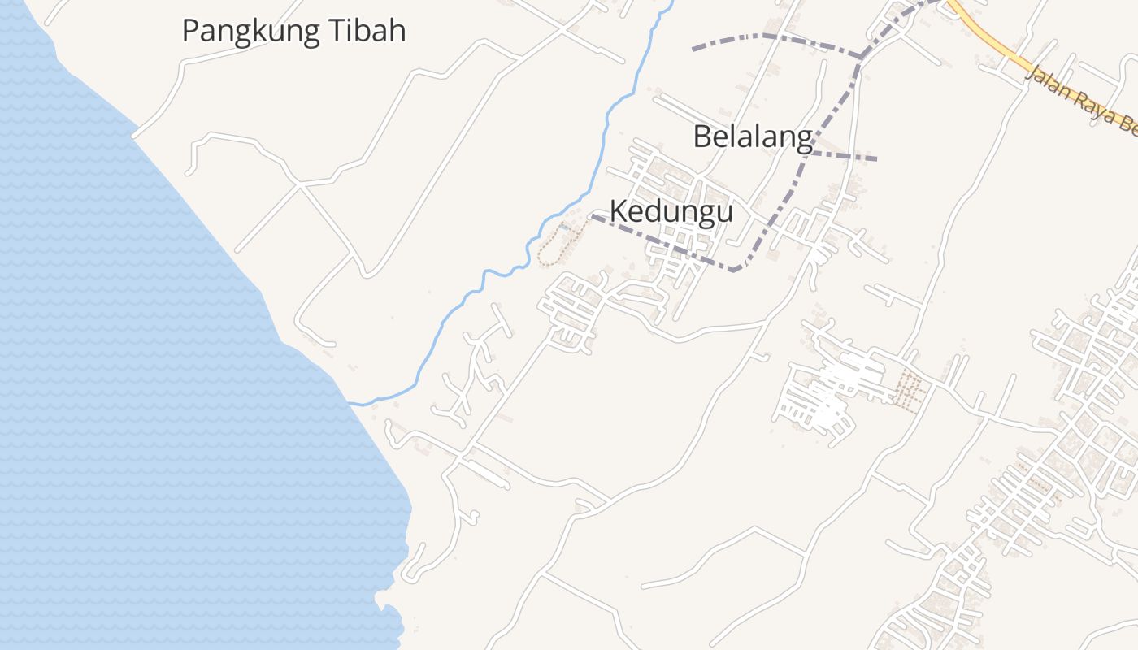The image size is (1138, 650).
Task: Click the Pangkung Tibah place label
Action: click(x=293, y=31)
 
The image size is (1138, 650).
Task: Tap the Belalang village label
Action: click(x=752, y=136)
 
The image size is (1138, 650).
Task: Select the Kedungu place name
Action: click(x=671, y=211)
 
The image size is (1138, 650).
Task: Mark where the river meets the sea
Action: click(x=351, y=402)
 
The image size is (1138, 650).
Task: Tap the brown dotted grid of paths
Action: click(x=909, y=390)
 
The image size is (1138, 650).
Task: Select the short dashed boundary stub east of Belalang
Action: click(x=845, y=155)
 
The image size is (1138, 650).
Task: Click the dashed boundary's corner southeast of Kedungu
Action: click(x=734, y=270)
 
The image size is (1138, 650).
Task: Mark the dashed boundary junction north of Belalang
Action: click(x=861, y=57)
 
